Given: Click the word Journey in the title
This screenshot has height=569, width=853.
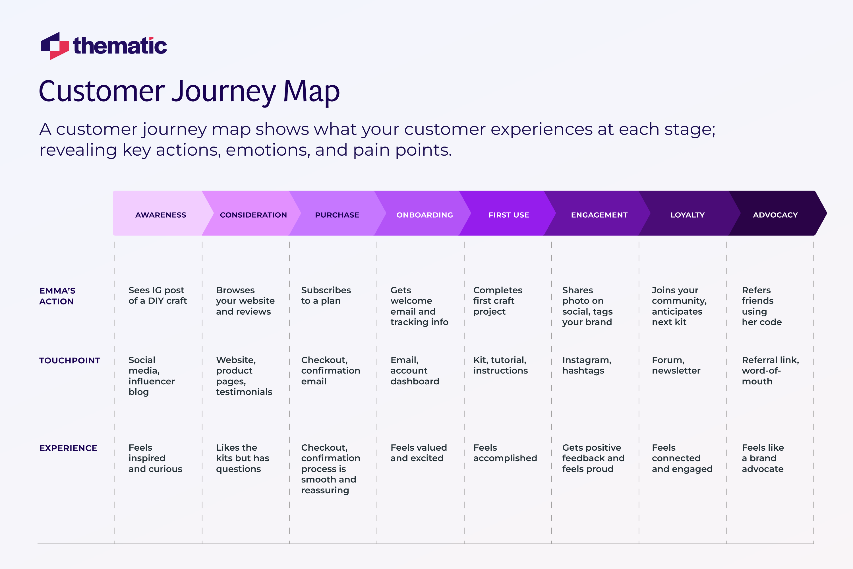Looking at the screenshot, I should click(223, 91).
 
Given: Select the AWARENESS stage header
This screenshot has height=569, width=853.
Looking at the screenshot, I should click(161, 215).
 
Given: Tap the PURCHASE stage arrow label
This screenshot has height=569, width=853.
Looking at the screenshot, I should click(337, 215).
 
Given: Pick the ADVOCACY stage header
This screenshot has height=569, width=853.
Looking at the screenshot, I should click(775, 215).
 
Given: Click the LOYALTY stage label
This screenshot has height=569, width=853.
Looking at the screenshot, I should click(687, 215).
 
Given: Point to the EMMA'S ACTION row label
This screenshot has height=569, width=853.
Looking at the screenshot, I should click(57, 296).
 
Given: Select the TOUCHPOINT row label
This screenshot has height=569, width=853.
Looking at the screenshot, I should click(70, 360).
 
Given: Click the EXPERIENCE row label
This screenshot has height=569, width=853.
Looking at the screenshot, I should click(68, 448).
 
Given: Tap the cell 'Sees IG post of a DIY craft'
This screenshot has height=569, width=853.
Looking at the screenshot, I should click(158, 295).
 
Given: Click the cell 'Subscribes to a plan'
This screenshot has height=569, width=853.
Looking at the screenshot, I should click(326, 295).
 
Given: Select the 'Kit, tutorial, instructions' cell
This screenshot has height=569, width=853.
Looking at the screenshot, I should click(500, 365).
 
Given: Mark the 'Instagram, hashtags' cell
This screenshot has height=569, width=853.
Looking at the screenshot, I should click(586, 365).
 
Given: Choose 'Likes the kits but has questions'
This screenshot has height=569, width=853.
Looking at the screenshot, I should click(242, 458).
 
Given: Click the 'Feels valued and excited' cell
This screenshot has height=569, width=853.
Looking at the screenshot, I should click(418, 453).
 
